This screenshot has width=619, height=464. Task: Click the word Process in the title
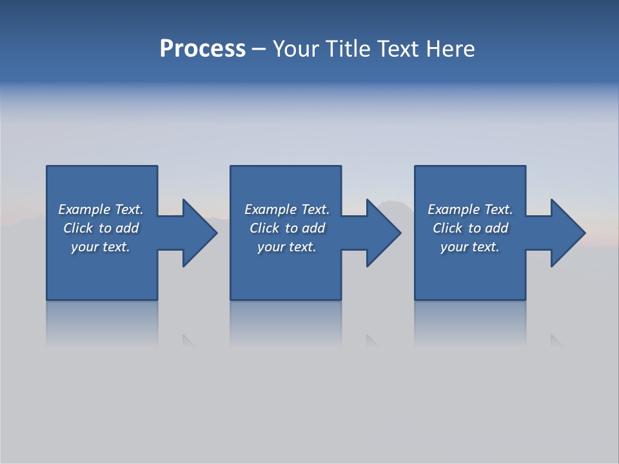pyautogui.click(x=202, y=49)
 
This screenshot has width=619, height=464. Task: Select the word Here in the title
pyautogui.click(x=449, y=49)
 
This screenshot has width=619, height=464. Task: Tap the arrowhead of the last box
pyautogui.click(x=567, y=233)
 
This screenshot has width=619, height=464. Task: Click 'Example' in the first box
pyautogui.click(x=84, y=209)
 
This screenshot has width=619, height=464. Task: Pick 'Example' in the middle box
pyautogui.click(x=271, y=209)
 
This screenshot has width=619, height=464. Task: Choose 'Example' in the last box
pyautogui.click(x=454, y=209)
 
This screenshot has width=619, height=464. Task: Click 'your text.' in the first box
pyautogui.click(x=101, y=247)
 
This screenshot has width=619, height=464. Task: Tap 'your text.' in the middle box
pyautogui.click(x=287, y=247)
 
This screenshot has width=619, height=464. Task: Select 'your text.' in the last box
pyautogui.click(x=470, y=247)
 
